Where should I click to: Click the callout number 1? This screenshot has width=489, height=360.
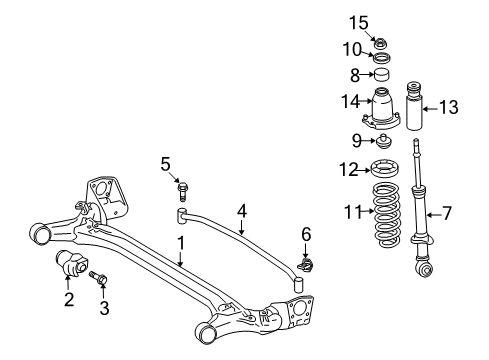coord(181,242)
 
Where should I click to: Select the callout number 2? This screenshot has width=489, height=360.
coord(68,299)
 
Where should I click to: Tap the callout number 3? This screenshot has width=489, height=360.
coord(104,309)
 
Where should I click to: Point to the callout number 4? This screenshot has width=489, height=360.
coord(241,211)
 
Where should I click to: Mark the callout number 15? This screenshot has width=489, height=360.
coord(381,20)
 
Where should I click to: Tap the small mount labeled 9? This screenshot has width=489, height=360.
coord(382,139)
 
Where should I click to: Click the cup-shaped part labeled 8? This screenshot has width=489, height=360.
coord(381,76)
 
